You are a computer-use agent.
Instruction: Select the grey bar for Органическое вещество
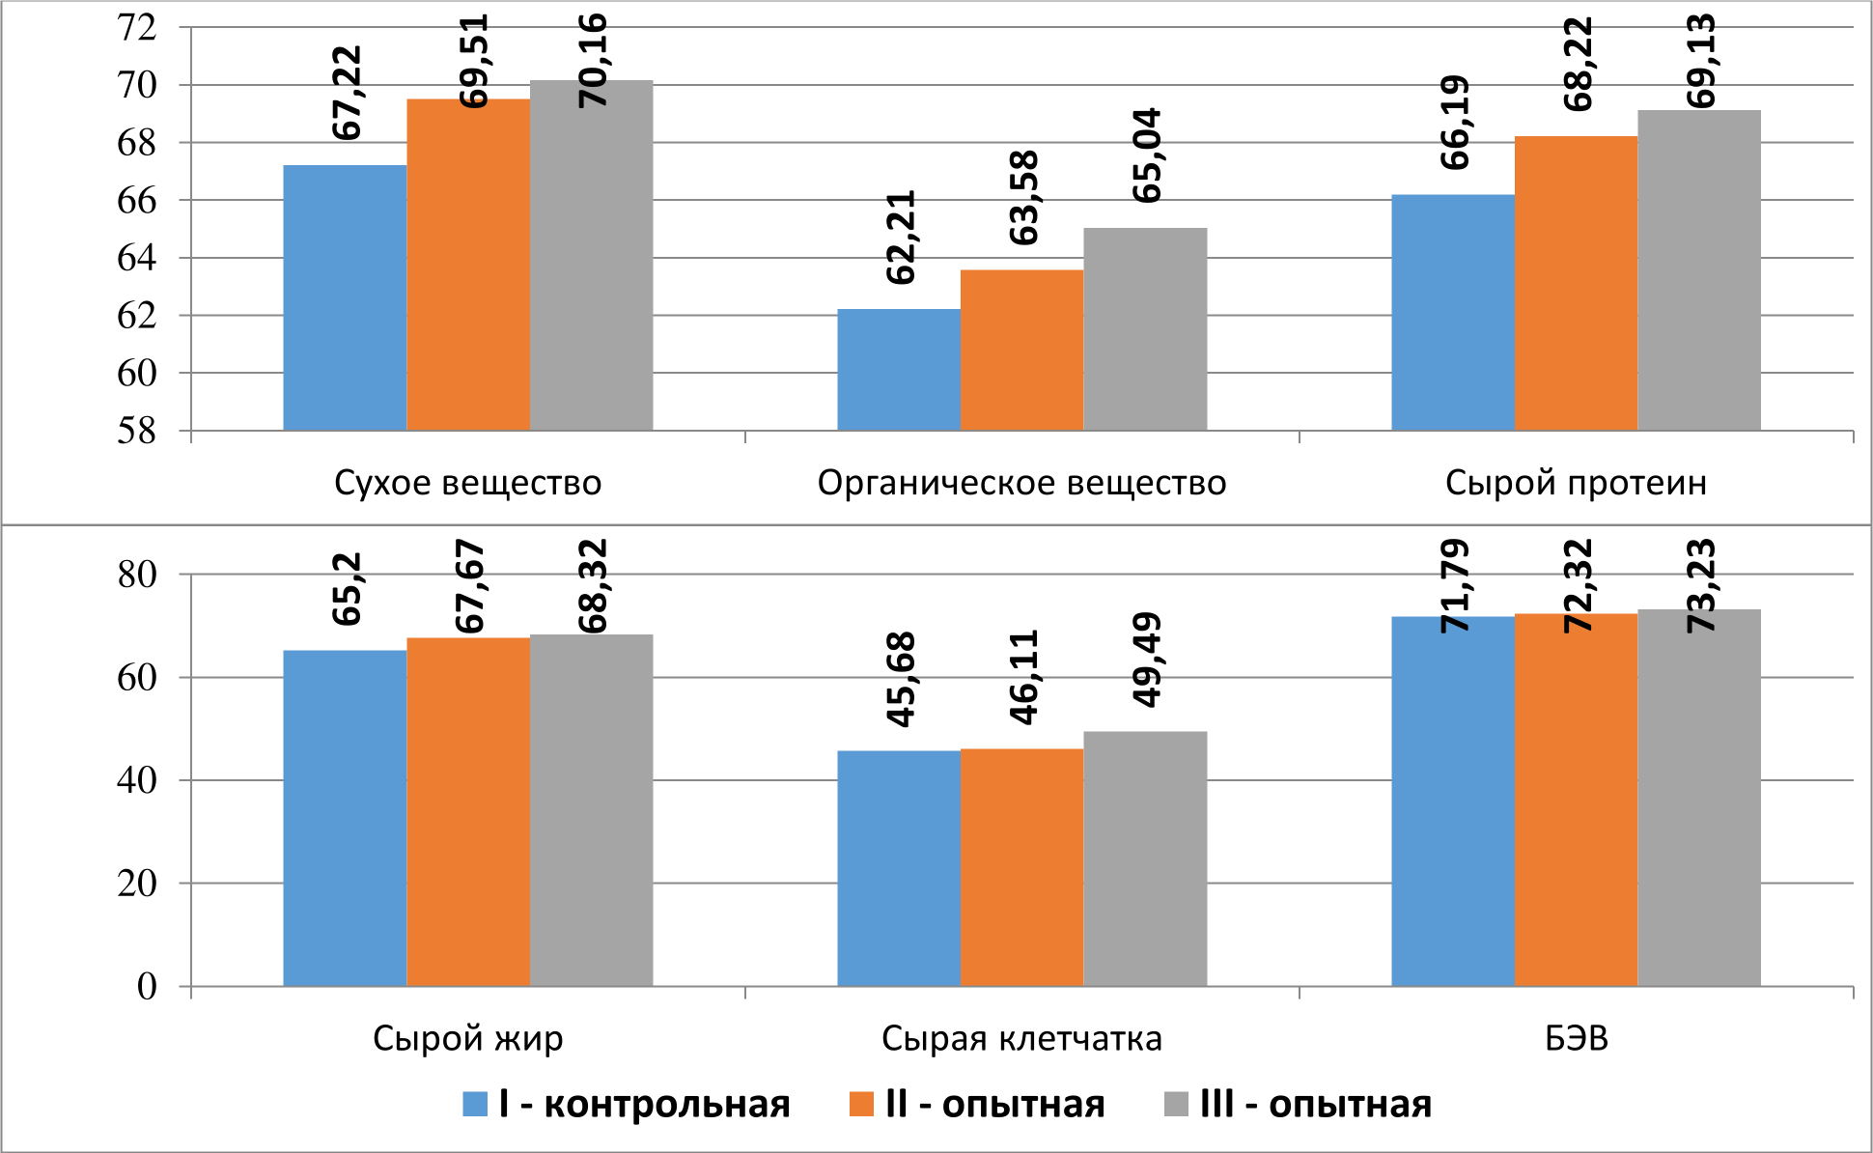pos(1145,329)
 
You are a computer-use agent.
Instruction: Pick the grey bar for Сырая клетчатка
pos(1145,858)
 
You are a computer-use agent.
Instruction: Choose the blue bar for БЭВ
pos(1453,801)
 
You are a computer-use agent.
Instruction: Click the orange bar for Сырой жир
pos(468,812)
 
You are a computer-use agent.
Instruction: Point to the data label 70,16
pos(592,60)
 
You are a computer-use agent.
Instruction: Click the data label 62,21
pos(901,238)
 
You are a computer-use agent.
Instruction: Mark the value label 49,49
pos(1146,661)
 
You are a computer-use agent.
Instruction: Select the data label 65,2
pos(347,589)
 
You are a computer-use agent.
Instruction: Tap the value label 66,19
pos(1454,123)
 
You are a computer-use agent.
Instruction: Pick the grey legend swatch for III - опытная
pos(1178,1104)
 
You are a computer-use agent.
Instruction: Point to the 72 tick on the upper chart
pos(136,28)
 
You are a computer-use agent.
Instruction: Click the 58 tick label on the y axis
pos(136,431)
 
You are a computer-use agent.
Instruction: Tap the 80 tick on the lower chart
pos(136,575)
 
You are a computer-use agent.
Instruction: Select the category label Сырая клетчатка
pos(1021,1039)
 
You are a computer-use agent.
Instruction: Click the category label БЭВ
pos(1576,1039)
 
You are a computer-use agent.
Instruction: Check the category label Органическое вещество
pos(1021,483)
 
